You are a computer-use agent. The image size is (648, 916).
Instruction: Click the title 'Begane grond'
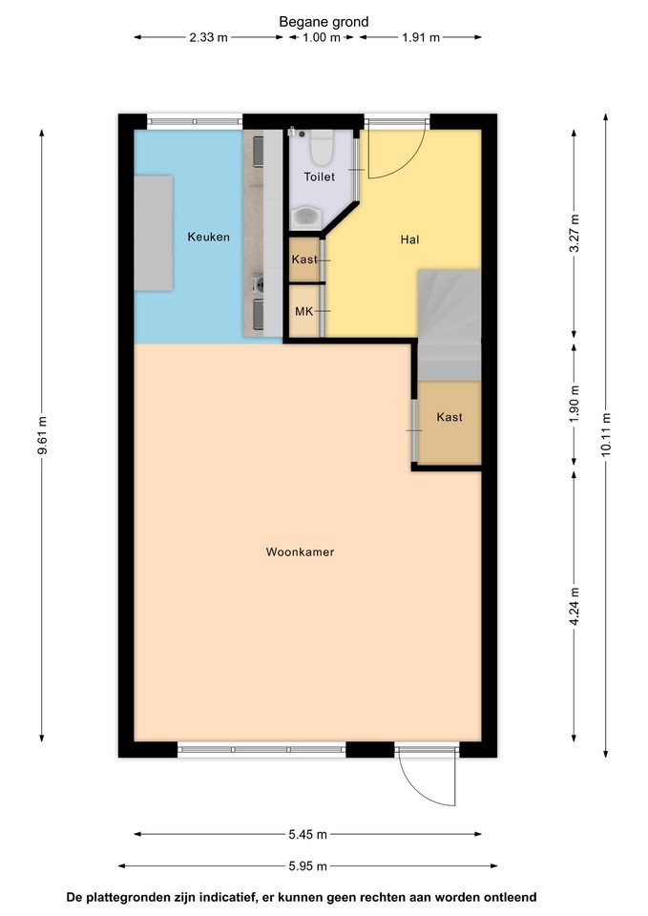coord(324,22)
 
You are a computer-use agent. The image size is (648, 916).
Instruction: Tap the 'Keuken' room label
coord(209,237)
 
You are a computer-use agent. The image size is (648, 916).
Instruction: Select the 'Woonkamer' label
coord(300,552)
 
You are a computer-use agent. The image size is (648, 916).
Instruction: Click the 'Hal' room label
coord(409,239)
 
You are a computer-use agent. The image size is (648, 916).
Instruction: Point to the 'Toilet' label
coord(319,177)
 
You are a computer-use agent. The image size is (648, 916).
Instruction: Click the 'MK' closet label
coord(303,311)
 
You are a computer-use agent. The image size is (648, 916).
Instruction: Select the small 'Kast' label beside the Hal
coord(304,259)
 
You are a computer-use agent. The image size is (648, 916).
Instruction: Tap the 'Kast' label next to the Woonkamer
coord(449,417)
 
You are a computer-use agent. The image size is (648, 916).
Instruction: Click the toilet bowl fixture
coord(321,147)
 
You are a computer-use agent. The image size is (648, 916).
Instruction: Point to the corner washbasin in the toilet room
coord(305,218)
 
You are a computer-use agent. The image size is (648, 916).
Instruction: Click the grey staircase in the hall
coord(449,324)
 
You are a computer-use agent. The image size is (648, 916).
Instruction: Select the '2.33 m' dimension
coord(208,37)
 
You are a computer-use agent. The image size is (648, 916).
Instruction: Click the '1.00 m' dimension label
coord(321,37)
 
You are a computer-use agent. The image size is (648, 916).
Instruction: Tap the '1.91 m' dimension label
coord(421,37)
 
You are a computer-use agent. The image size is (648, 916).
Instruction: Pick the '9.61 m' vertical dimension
coord(41,435)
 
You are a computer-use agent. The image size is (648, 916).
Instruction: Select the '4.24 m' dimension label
coord(575,606)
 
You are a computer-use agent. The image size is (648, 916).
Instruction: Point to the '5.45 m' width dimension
coord(308,834)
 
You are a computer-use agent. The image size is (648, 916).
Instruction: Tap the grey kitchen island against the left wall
coord(153,233)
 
